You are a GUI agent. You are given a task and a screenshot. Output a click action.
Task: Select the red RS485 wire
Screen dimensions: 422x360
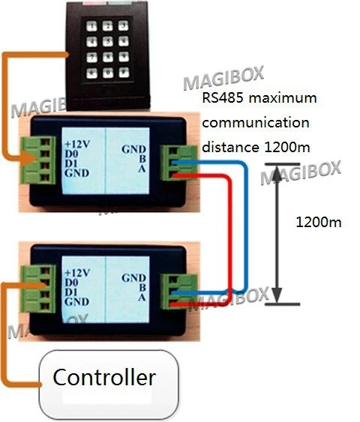224,225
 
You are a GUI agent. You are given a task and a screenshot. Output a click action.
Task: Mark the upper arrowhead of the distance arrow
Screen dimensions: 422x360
278,175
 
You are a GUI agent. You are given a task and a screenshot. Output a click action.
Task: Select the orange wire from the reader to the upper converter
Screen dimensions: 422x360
10,105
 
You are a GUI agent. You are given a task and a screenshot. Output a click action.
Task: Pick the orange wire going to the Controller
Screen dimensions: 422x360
8,337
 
